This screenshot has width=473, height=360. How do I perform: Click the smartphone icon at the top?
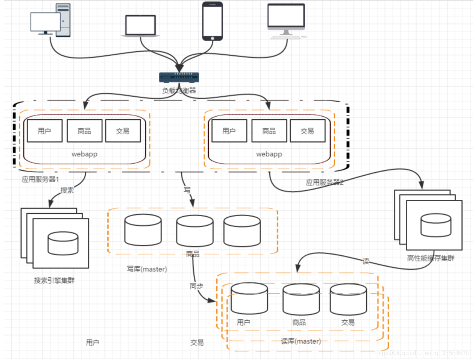pos(213,21)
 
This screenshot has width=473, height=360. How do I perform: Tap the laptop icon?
pos(140,26)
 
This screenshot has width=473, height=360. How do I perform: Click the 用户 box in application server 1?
pos(44,131)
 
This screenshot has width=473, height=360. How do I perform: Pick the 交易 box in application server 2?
pos(307,131)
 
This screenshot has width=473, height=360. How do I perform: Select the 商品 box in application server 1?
pos(84,131)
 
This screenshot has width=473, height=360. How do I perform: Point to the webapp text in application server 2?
pos(269,154)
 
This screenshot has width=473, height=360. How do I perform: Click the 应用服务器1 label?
pos(40,180)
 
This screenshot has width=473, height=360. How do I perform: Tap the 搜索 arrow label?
pos(67,190)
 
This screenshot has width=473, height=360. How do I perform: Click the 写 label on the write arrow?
pos(187,190)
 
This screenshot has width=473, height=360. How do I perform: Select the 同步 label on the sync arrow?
pos(196,286)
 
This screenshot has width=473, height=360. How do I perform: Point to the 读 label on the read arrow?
pos(366,261)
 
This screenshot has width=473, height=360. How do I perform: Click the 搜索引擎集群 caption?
pos(54,280)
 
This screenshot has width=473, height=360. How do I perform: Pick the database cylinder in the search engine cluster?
pos(63,243)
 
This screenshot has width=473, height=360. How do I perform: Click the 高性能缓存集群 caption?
pos(430,258)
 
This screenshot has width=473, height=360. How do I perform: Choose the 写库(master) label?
pos(147,269)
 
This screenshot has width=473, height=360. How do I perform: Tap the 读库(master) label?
pos(301,341)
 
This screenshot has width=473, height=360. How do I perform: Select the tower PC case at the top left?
pos(63,20)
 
